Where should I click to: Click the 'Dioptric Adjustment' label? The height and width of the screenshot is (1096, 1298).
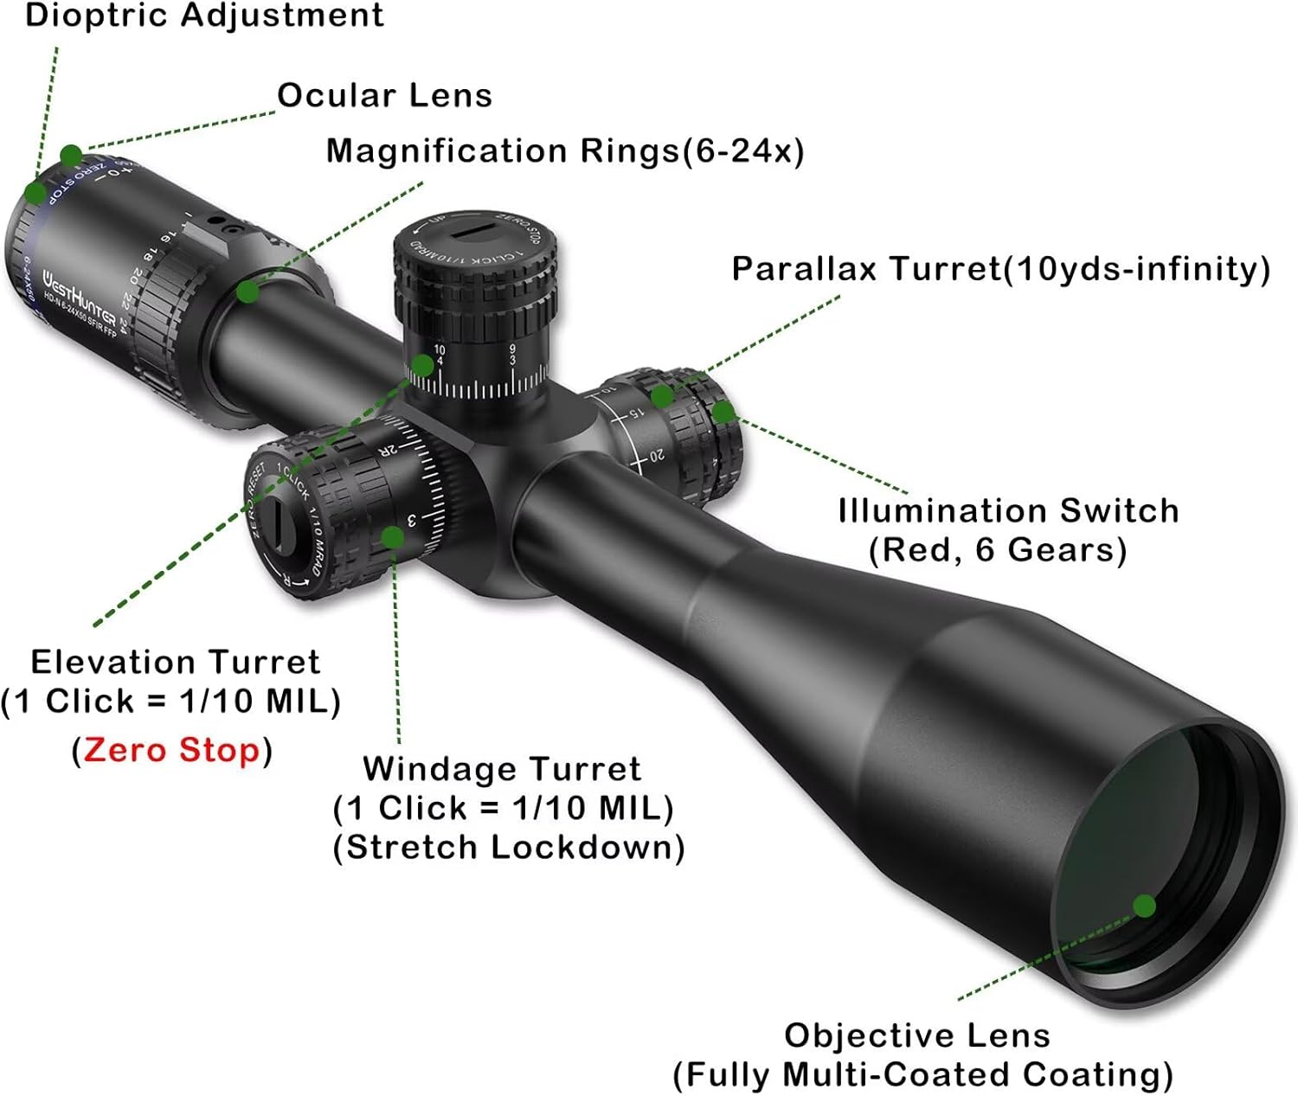coord(204,16)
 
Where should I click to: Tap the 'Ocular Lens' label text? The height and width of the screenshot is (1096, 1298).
coord(384,96)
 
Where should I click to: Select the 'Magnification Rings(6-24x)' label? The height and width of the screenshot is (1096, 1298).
coord(564,151)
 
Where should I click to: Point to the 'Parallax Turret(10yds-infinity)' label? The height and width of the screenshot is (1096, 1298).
coord(1000,269)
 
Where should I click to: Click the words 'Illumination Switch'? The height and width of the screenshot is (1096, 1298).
coord(1008,510)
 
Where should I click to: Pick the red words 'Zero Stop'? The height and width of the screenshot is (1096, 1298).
coord(171,749)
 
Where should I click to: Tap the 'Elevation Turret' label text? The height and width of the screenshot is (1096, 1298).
coord(176,663)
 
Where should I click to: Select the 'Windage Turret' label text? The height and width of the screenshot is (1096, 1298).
coord(502,768)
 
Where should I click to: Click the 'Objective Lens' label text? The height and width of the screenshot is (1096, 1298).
coord(917,1035)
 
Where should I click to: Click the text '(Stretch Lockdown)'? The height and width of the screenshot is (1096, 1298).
coord(509,847)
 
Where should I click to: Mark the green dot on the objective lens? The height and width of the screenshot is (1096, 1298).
coord(1144,906)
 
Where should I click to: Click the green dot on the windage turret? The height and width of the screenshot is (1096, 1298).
coord(392,537)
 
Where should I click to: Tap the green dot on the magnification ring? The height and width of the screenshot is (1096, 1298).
coord(247,291)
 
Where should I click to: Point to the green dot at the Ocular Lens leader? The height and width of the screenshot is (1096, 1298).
coord(71,156)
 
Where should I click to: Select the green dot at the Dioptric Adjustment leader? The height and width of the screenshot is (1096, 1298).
coord(35,192)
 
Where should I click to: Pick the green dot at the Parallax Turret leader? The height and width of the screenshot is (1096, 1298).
coord(662,396)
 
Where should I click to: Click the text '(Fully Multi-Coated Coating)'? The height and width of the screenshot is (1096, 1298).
coord(922,1074)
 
